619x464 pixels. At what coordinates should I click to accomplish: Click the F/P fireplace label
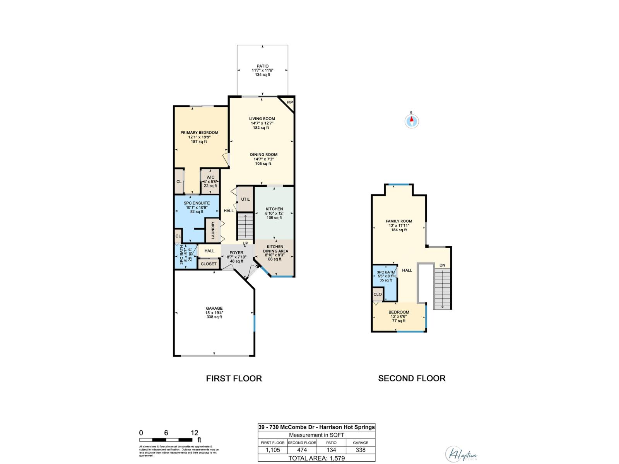coord(289,102)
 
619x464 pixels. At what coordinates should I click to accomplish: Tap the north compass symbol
coord(412,121)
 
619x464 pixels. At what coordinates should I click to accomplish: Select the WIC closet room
coord(210,181)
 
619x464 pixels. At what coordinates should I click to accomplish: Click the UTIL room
coord(245,199)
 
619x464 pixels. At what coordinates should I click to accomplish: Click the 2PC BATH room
coord(185,256)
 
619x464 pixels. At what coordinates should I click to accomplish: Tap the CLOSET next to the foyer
coord(209,264)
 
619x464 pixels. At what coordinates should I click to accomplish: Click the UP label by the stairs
coord(245,243)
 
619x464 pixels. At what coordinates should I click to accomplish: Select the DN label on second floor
coord(442,265)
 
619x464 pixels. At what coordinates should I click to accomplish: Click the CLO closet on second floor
coord(378,294)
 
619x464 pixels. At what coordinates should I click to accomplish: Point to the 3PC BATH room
coord(386,276)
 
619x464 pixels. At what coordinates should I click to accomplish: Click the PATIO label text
coord(262,66)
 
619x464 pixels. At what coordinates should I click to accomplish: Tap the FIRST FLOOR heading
coord(234,379)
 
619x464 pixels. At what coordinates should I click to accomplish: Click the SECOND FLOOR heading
coord(412,379)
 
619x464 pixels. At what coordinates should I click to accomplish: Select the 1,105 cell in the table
coord(273,450)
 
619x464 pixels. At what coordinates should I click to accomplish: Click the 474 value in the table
coord(302,450)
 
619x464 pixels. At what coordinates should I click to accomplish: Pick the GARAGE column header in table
coord(361,443)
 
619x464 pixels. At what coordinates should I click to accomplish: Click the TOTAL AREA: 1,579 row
coord(316,458)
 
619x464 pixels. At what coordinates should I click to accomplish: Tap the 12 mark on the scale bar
coord(194,433)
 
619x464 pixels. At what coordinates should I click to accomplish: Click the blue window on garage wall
coord(255,323)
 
